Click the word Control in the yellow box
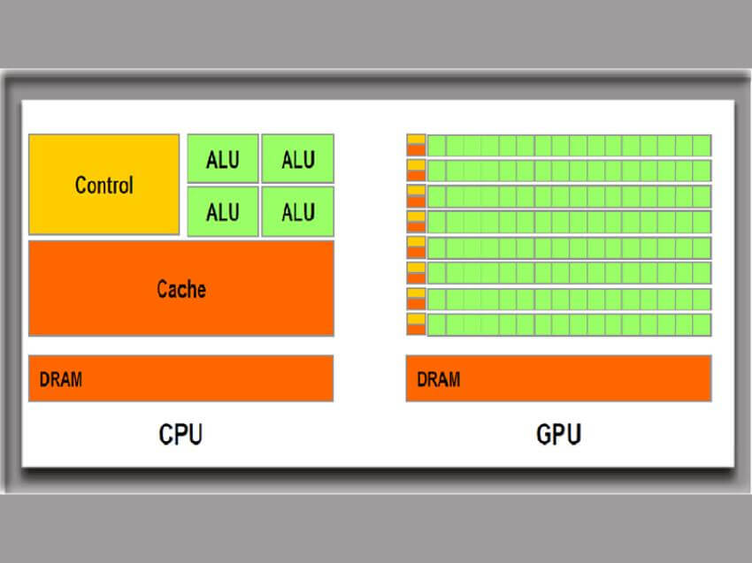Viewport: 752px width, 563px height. click(104, 186)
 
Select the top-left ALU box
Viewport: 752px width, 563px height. click(223, 159)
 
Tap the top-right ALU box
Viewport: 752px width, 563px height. click(298, 159)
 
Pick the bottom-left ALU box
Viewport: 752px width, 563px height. click(223, 211)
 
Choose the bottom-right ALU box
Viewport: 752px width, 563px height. click(298, 211)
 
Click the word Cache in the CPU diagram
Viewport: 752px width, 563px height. click(181, 289)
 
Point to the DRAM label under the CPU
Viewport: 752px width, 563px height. click(61, 379)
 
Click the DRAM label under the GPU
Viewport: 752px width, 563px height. click(438, 379)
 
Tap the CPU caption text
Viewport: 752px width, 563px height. click(180, 435)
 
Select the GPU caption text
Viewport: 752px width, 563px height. click(558, 435)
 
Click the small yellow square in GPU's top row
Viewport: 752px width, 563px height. click(416, 140)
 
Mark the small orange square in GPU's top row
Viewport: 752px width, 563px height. click(416, 150)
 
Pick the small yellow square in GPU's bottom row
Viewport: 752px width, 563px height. click(416, 319)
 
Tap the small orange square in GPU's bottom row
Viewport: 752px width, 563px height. click(416, 330)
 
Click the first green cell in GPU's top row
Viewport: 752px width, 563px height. click(436, 145)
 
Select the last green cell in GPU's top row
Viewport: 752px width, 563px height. click(702, 145)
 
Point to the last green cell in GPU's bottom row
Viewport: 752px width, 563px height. click(702, 324)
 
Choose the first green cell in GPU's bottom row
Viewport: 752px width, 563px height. click(436, 324)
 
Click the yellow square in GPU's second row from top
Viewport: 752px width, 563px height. click(416, 165)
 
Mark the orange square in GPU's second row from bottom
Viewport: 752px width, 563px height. click(416, 304)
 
